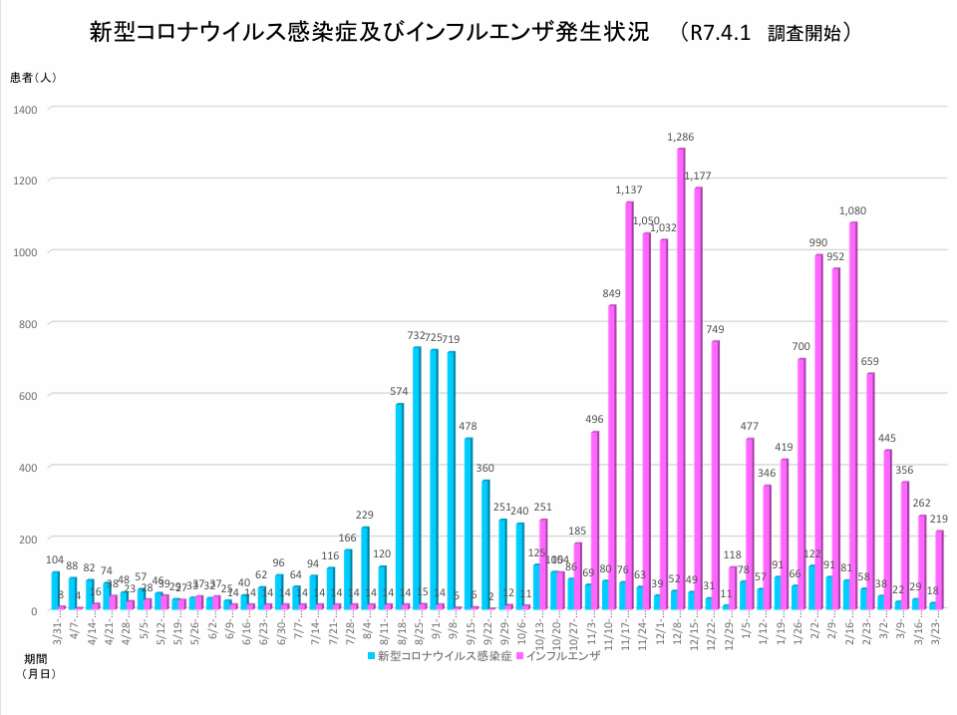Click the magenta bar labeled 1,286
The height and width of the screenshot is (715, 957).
(681, 379)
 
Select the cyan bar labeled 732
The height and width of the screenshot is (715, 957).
(417, 479)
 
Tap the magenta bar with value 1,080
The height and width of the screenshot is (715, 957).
(853, 415)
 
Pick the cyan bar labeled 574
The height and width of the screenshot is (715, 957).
(400, 507)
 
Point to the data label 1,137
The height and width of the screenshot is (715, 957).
(629, 189)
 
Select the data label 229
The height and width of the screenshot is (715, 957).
(365, 515)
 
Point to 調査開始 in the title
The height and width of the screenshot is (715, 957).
(808, 33)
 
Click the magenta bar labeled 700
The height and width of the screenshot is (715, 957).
(801, 484)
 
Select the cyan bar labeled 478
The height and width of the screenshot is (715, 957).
(469, 524)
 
